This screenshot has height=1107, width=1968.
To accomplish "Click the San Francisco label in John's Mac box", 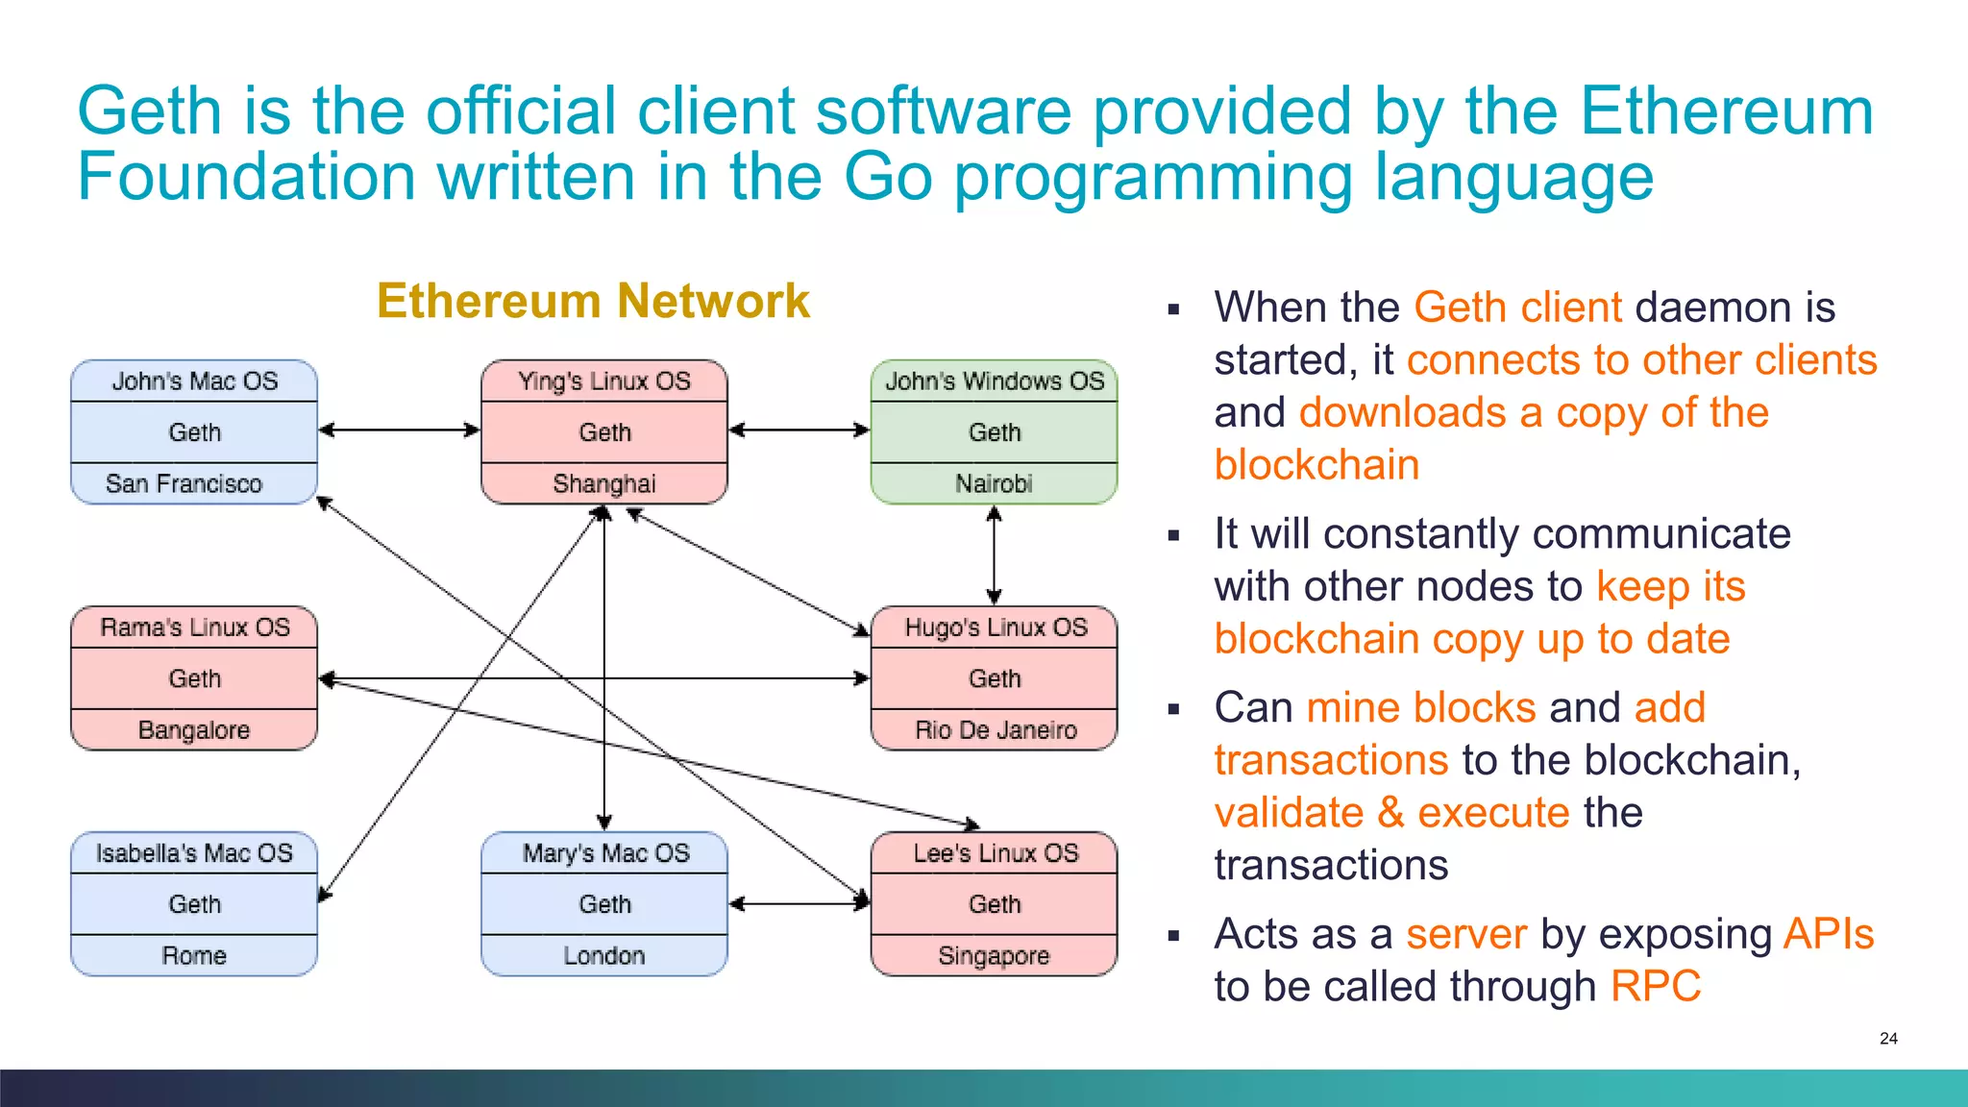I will tap(184, 483).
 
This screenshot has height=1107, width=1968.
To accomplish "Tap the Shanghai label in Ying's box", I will tap(604, 483).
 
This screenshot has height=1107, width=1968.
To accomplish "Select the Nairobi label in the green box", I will tap(994, 483).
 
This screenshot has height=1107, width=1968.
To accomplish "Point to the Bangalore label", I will tap(194, 730).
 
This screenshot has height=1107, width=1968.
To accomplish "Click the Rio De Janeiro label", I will tap(996, 730).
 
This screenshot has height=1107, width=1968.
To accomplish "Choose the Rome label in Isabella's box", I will tap(194, 956).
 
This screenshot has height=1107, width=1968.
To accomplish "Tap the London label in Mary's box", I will tap(604, 956).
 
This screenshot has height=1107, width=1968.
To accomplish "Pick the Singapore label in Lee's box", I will tap(994, 956).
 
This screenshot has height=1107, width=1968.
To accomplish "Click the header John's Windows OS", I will tap(995, 381).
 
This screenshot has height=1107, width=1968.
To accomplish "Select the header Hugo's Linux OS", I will tap(996, 627).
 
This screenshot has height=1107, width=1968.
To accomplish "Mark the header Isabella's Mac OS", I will tap(194, 853).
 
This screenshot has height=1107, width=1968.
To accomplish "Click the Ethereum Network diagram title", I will tap(593, 301).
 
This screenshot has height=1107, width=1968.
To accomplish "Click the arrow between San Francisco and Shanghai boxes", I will tap(399, 430).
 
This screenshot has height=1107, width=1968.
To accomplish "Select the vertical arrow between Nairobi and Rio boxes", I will tap(994, 554).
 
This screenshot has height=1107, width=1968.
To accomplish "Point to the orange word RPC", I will tap(1655, 987).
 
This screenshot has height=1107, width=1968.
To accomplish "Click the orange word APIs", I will tap(1828, 934).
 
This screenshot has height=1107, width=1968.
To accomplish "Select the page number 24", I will tap(1888, 1039).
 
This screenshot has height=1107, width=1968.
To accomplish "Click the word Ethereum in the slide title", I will tap(1726, 111).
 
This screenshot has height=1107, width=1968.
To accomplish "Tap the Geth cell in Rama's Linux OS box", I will tap(194, 678).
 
